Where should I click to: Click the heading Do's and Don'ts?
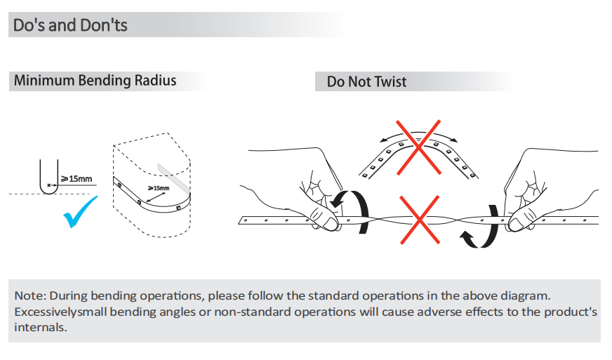click(70, 25)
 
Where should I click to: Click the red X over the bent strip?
click(418, 147)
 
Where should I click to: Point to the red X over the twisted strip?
click(420, 220)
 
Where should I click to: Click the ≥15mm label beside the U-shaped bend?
click(76, 179)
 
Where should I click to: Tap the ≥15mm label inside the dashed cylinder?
click(159, 188)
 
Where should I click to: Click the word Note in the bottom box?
click(29, 295)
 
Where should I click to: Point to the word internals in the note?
click(41, 327)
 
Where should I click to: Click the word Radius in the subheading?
click(155, 80)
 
